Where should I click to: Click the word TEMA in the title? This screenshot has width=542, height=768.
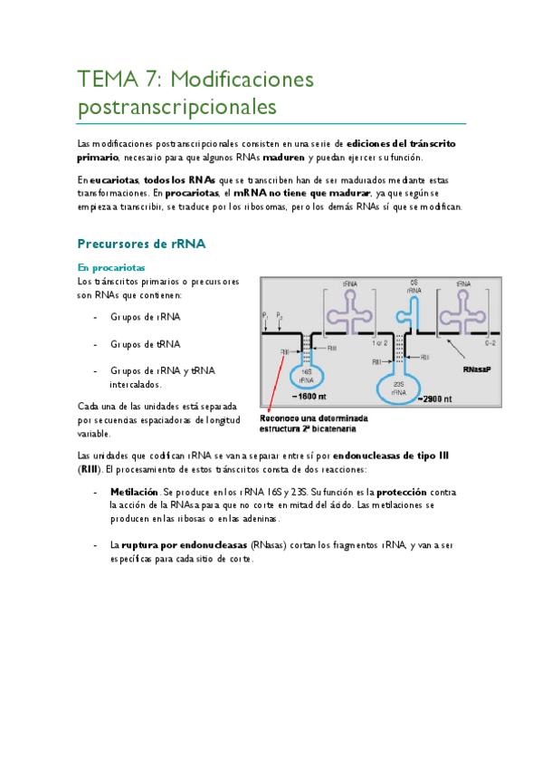click(104, 80)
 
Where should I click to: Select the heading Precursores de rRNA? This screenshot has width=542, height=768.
click(142, 244)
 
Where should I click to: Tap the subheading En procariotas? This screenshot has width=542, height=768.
click(111, 267)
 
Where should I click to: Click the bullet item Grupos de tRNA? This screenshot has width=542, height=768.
click(146, 344)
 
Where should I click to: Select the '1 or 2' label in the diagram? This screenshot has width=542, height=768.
click(381, 344)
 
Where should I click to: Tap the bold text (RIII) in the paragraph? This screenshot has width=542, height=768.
click(90, 469)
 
